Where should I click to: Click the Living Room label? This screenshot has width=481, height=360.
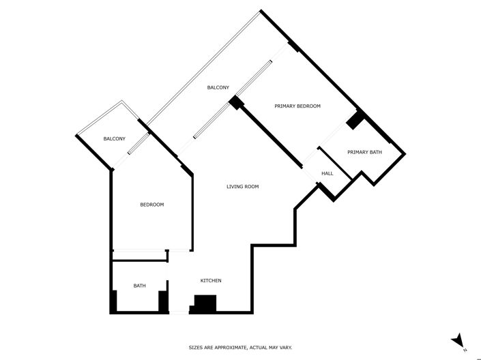click(x=242, y=186)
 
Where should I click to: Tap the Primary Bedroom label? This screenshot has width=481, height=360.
click(x=297, y=106)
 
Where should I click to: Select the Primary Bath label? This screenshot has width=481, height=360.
click(x=364, y=152)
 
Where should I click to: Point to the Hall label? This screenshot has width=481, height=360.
click(x=327, y=174)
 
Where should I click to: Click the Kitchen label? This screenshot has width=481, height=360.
click(x=210, y=281)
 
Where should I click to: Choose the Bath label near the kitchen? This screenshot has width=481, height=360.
click(x=139, y=286)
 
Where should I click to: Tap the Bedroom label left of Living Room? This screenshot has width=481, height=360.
click(x=151, y=205)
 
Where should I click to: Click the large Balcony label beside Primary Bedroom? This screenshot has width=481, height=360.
click(x=218, y=87)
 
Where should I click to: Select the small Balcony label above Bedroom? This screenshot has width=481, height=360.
click(x=114, y=139)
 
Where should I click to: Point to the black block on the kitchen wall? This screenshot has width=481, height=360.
click(x=205, y=303)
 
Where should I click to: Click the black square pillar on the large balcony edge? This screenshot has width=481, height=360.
click(x=236, y=103)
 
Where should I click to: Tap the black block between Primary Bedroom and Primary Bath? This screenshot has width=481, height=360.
click(x=355, y=120)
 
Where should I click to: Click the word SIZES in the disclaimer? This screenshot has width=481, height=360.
click(x=196, y=348)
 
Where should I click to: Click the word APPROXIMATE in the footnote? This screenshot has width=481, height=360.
click(x=230, y=348)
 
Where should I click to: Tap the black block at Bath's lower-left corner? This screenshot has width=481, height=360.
click(x=113, y=301)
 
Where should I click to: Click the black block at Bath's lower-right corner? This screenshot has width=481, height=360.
click(x=163, y=301)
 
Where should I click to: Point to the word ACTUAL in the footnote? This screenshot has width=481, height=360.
click(x=263, y=348)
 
